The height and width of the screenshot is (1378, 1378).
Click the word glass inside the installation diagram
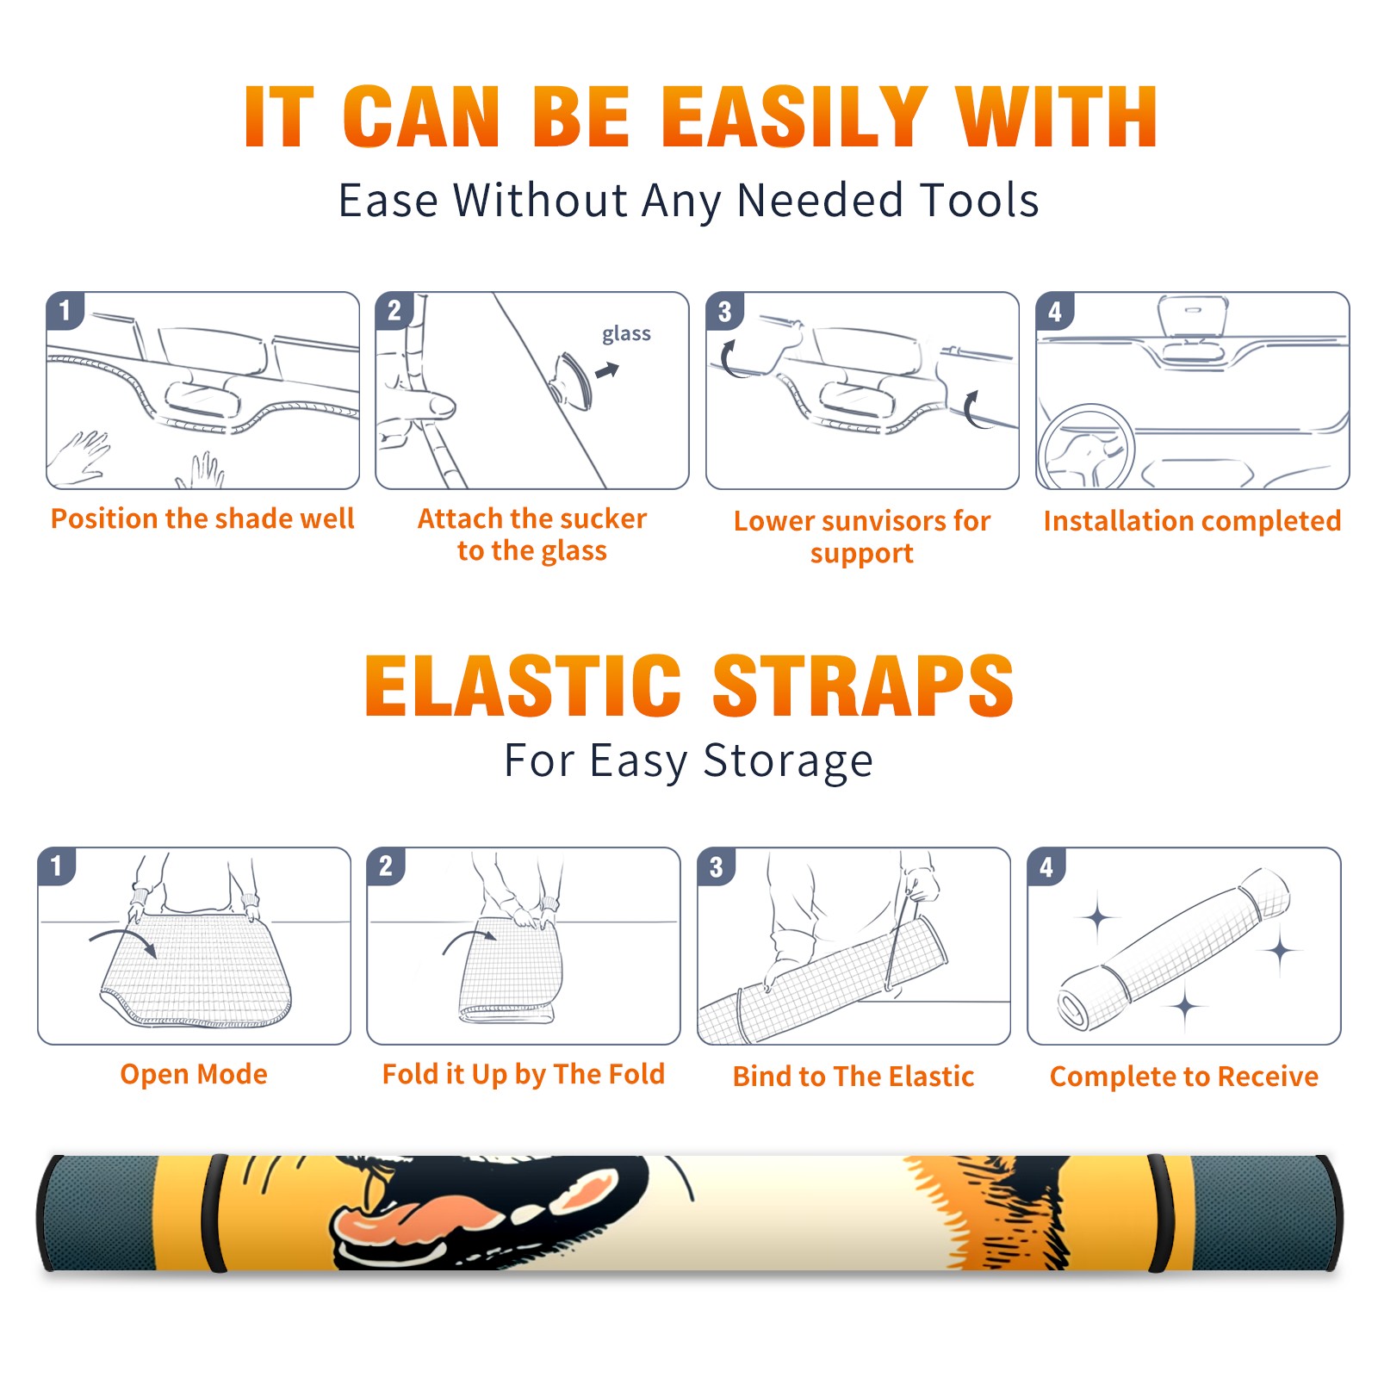click(x=626, y=334)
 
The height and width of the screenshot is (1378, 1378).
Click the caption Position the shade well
click(x=202, y=518)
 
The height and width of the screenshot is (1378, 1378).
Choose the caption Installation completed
click(x=1192, y=520)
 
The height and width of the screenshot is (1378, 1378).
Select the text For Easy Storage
click(x=689, y=760)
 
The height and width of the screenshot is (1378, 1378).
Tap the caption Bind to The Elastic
click(x=853, y=1076)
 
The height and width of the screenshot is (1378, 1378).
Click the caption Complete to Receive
click(x=1184, y=1076)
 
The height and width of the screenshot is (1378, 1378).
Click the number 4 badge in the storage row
click(x=1046, y=866)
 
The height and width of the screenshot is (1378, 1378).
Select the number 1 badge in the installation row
click(x=65, y=310)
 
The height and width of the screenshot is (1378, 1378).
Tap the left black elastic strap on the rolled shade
click(x=214, y=1213)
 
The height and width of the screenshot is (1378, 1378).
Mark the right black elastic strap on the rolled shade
click(x=1159, y=1213)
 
